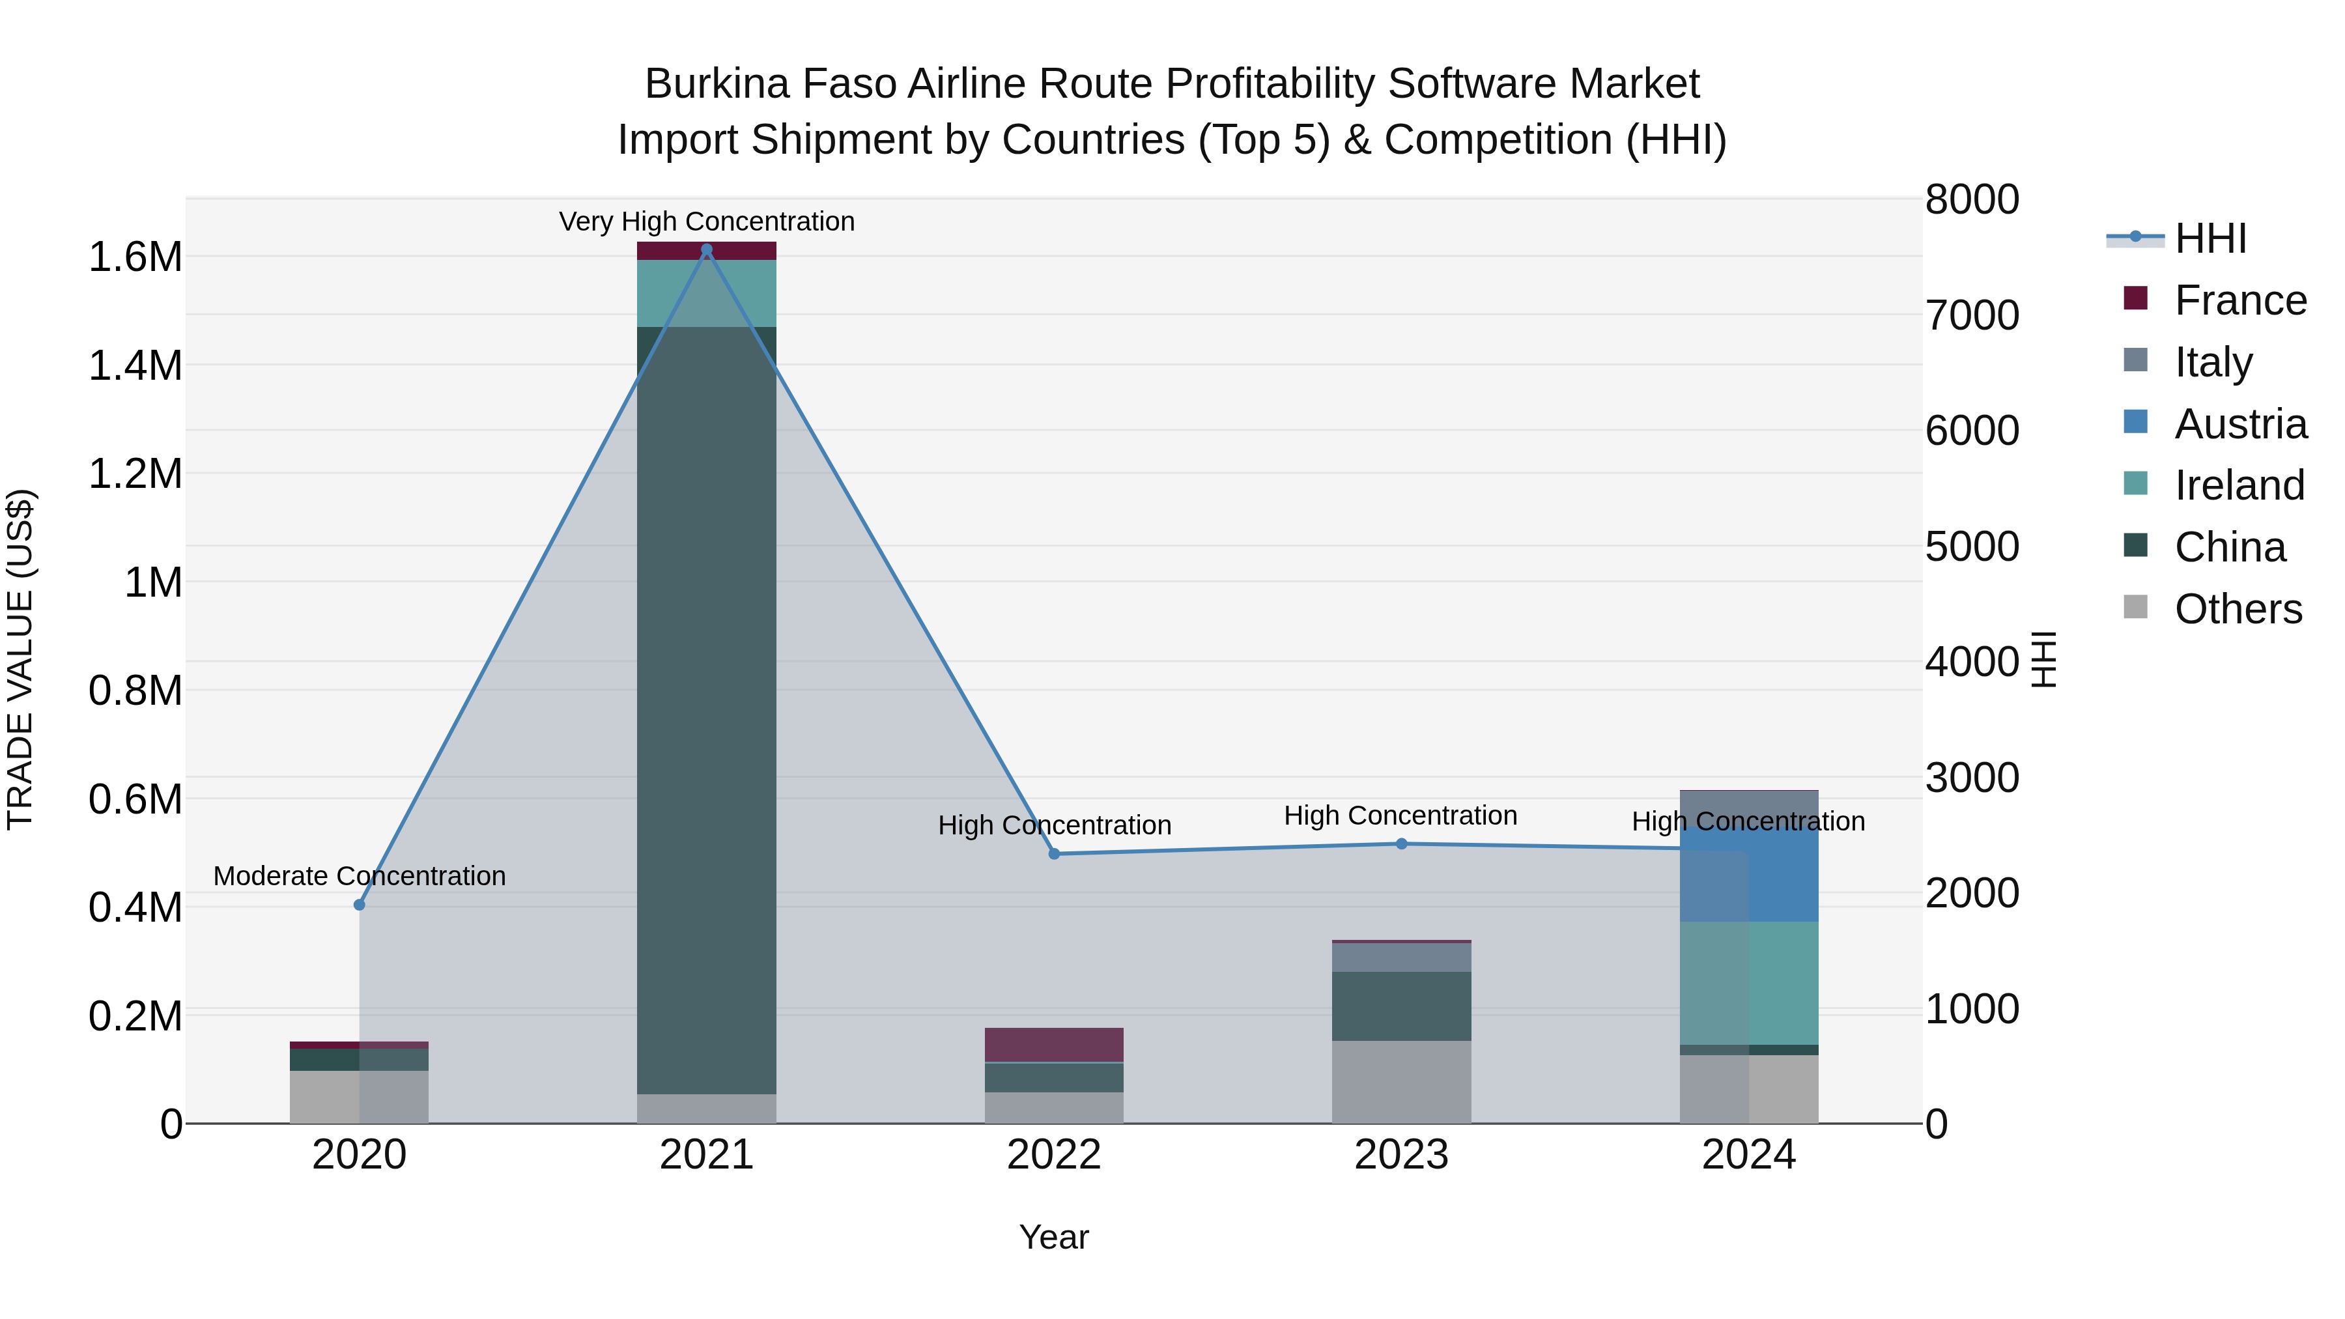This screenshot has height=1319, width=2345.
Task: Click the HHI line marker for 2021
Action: tap(706, 249)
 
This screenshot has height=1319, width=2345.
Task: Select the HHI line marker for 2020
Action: tap(359, 905)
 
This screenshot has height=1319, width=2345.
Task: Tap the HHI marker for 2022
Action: tap(1054, 854)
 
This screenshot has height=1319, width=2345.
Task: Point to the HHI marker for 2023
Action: tap(1402, 844)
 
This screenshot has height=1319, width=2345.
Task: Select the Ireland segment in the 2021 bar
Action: tap(706, 293)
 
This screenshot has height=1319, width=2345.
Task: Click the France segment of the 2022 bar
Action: tap(1054, 1044)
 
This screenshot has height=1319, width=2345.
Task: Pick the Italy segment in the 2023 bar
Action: tap(1402, 957)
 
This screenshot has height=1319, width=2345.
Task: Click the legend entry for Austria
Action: tap(2239, 424)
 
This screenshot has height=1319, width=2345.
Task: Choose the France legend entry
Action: tap(2239, 300)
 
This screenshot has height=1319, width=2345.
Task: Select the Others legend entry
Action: tap(2238, 609)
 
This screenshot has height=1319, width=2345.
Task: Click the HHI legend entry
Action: tap(2210, 238)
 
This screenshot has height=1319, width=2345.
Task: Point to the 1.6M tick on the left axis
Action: tap(135, 257)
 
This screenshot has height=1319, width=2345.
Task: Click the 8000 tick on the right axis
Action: tap(1972, 200)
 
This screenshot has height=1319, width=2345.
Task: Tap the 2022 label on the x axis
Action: tap(1054, 1155)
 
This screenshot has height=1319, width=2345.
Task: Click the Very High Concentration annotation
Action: tap(706, 221)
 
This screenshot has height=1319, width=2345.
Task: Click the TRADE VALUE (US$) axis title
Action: tap(20, 659)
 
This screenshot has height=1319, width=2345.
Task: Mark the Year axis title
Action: tap(1054, 1237)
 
